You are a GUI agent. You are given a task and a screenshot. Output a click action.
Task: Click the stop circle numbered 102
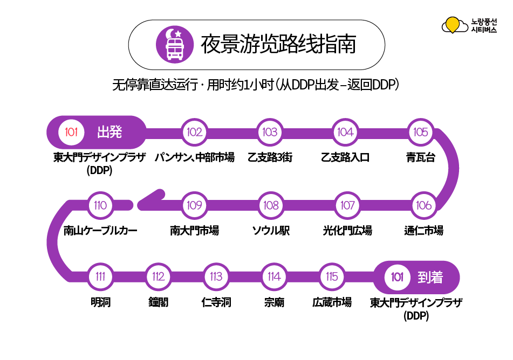(x=194, y=133)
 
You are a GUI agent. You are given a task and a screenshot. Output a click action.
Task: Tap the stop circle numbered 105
(x=420, y=133)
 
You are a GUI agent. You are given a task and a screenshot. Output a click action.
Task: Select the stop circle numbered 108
(x=270, y=205)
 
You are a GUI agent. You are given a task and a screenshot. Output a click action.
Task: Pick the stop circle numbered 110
(x=100, y=205)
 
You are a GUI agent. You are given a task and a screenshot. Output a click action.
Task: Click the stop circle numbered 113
(x=216, y=277)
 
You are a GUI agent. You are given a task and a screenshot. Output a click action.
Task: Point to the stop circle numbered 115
(x=332, y=277)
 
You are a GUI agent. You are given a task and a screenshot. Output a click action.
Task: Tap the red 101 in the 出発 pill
(x=72, y=133)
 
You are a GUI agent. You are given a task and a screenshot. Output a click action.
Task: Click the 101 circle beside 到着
(x=398, y=278)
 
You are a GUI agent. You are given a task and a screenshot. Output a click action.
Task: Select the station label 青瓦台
(x=421, y=158)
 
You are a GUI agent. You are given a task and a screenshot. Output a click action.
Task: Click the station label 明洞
(x=100, y=302)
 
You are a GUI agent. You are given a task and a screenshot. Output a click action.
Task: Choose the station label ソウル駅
(x=271, y=231)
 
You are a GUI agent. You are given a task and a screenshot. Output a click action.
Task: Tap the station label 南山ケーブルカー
(x=100, y=231)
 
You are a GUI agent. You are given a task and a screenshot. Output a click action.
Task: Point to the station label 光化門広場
(x=347, y=231)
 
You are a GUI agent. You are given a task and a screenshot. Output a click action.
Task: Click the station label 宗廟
(x=274, y=302)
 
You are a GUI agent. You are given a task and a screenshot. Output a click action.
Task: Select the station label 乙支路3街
(x=270, y=158)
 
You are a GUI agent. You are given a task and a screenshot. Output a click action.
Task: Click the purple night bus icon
(x=174, y=44)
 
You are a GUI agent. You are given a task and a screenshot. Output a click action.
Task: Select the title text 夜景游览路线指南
(x=278, y=45)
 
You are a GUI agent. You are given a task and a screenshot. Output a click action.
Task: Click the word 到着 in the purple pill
(x=430, y=278)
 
